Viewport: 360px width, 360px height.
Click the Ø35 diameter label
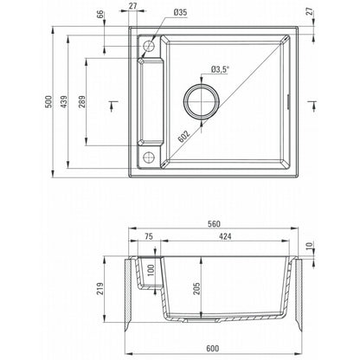point(180,12)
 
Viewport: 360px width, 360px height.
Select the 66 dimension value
point(100,15)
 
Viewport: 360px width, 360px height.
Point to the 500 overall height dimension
point(48,101)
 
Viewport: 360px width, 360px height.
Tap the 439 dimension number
point(64,101)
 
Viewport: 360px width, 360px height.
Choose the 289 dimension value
point(82,101)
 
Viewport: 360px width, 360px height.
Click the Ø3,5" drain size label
point(220,69)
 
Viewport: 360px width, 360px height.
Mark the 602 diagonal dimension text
point(183,136)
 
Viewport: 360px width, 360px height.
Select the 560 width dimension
point(214,224)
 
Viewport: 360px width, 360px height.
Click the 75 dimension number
point(148,236)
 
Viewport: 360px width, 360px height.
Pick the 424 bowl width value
point(225,236)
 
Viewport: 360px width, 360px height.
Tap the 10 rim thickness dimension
point(309,246)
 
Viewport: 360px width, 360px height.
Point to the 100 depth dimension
point(151,270)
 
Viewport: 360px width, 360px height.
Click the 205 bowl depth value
point(196,288)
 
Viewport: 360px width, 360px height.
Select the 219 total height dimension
point(100,288)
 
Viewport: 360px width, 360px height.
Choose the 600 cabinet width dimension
point(213,349)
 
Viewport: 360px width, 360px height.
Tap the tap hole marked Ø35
point(149,46)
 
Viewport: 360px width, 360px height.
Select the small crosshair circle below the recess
point(149,157)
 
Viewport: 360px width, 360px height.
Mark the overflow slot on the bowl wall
point(288,102)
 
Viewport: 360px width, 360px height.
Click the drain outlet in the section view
point(202,319)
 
